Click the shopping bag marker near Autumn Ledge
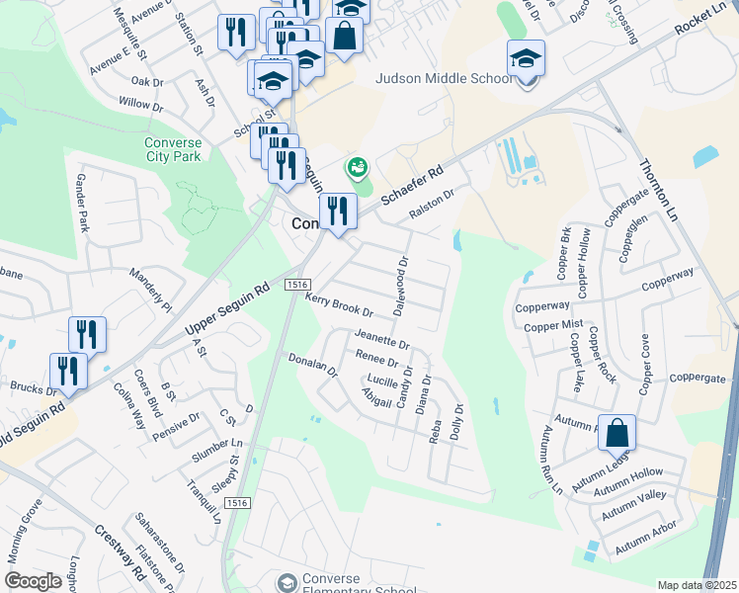(x=616, y=433)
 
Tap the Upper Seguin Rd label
(x=227, y=309)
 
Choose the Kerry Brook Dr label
(x=338, y=304)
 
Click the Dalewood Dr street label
(x=401, y=287)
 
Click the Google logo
(x=33, y=581)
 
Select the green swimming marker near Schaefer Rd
(x=355, y=167)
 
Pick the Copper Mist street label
(x=553, y=325)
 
